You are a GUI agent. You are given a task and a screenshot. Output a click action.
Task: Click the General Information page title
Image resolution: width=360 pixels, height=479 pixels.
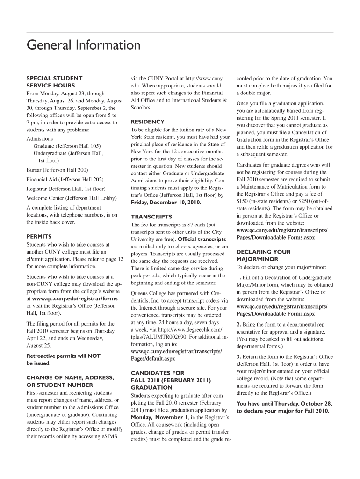(x=84, y=45)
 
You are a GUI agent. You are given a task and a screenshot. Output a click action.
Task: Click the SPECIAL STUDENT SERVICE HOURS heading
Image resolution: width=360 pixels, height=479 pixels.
(x=54, y=82)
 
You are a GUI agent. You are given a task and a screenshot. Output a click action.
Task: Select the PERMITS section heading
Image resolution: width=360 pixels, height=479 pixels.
(x=39, y=237)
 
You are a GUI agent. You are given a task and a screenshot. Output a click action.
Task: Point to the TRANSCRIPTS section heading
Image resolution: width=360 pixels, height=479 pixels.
(x=151, y=217)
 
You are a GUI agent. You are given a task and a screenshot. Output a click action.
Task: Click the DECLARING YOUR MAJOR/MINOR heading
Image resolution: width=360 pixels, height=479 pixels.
(x=263, y=255)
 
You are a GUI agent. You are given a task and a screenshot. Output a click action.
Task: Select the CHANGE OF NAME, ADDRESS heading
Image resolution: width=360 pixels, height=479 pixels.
(x=70, y=377)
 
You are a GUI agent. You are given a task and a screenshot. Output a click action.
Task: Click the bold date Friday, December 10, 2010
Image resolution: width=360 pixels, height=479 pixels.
(x=166, y=202)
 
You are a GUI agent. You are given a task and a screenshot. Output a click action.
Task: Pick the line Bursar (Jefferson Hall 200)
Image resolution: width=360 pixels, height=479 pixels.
(x=58, y=170)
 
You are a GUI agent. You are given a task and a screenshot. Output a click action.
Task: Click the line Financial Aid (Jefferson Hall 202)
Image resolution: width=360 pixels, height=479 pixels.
(x=65, y=179)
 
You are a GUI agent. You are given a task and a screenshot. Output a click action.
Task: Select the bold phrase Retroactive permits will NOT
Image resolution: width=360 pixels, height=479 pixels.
(x=64, y=356)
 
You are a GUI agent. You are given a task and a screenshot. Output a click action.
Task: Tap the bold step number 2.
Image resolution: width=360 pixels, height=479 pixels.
(x=238, y=324)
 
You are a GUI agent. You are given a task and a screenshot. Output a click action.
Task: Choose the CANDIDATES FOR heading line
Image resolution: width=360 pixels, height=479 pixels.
(x=158, y=373)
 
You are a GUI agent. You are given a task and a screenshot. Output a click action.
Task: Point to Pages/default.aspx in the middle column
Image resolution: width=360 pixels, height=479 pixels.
(x=153, y=359)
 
